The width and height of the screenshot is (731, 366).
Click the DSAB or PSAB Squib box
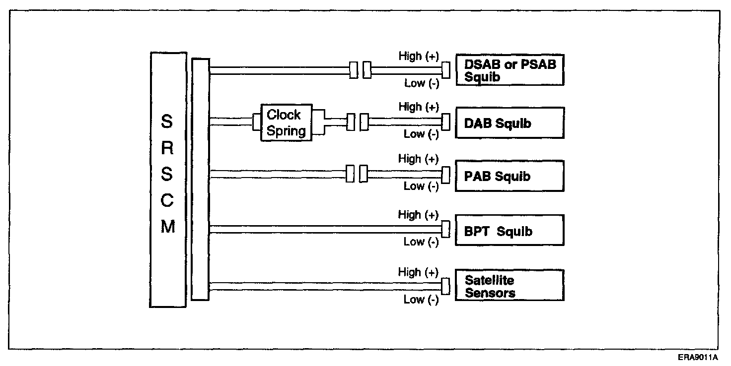click(510, 70)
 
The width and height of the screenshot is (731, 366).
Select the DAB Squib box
click(510, 122)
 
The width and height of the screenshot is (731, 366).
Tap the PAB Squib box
click(510, 176)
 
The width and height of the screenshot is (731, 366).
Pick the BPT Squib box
click(510, 231)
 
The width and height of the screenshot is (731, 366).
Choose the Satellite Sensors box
click(510, 286)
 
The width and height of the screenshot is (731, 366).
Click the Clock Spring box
click(287, 122)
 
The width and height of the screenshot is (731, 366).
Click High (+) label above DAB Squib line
click(419, 108)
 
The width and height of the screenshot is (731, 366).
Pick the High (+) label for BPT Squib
click(418, 215)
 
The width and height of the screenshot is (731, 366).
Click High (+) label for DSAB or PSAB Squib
click(419, 57)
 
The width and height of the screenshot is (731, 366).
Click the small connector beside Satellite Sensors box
click(446, 285)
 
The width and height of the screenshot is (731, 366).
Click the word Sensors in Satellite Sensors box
click(490, 293)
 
